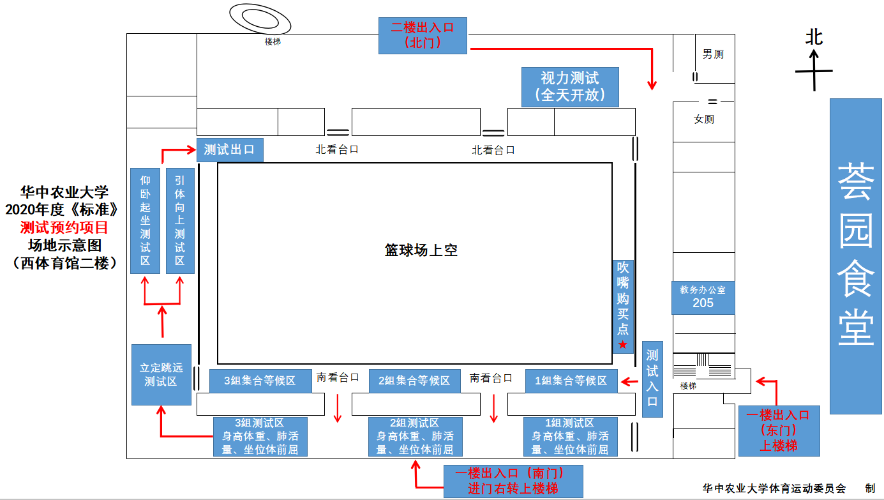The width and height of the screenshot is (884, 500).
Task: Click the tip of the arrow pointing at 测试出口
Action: tap(196, 149)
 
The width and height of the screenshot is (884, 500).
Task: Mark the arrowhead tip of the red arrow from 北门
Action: tap(652, 89)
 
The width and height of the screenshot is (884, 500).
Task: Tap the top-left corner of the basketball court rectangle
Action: tap(218, 163)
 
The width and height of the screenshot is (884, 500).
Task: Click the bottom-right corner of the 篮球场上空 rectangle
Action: tap(612, 364)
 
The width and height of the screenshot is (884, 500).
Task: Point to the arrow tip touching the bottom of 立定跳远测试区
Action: tap(161, 406)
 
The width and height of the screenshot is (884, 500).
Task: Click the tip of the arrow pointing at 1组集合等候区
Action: tap(621, 381)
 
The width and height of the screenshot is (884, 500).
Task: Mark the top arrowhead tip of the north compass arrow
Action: tap(814, 50)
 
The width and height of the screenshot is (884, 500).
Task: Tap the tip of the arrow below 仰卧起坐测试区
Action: tap(145, 277)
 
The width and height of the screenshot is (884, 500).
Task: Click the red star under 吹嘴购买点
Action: tap(623, 344)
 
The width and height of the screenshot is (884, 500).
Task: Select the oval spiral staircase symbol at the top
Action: tap(260, 19)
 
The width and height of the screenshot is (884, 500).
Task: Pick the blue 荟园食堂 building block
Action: tap(855, 256)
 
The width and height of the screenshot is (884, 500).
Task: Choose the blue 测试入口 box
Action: tap(652, 379)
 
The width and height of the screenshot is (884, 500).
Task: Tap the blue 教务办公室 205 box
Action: tap(703, 298)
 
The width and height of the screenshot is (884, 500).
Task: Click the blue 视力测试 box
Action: tap(570, 87)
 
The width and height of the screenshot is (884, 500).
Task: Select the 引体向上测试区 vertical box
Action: tap(180, 221)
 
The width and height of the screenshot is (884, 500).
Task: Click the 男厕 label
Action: tap(713, 54)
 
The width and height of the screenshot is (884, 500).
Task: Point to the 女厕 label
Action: tap(704, 119)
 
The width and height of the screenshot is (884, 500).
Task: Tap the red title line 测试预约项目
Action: tap(64, 227)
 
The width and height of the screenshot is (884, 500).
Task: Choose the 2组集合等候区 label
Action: tap(414, 381)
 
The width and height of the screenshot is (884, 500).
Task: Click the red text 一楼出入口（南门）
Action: tap(509, 473)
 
